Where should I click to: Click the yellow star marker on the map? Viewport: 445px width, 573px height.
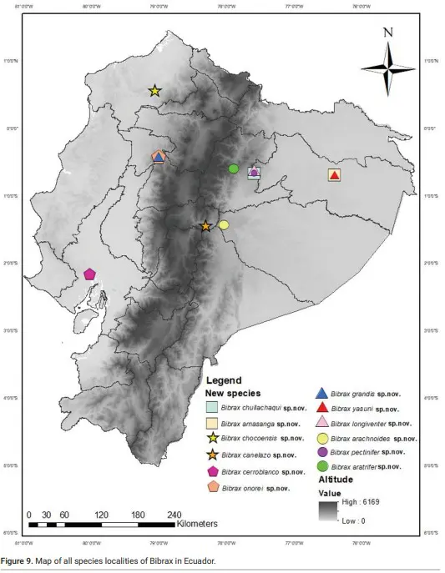pos(154,90)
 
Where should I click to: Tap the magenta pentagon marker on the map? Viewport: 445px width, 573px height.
pos(89,274)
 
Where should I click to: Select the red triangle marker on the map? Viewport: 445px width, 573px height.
pos(334,175)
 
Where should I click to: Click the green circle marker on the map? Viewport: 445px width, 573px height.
pos(234,168)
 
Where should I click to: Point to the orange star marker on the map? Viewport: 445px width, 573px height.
pos(206,226)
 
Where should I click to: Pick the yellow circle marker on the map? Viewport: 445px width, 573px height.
pos(223,224)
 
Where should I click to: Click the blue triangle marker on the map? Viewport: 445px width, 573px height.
pos(159,156)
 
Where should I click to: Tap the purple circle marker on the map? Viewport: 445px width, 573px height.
pos(254,173)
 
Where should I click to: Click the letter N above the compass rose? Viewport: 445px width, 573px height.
pos(387,33)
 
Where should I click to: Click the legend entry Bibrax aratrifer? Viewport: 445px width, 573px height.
pos(364,466)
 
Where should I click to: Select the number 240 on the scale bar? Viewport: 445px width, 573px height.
pos(174,515)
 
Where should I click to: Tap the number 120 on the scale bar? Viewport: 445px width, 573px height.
pos(102,515)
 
